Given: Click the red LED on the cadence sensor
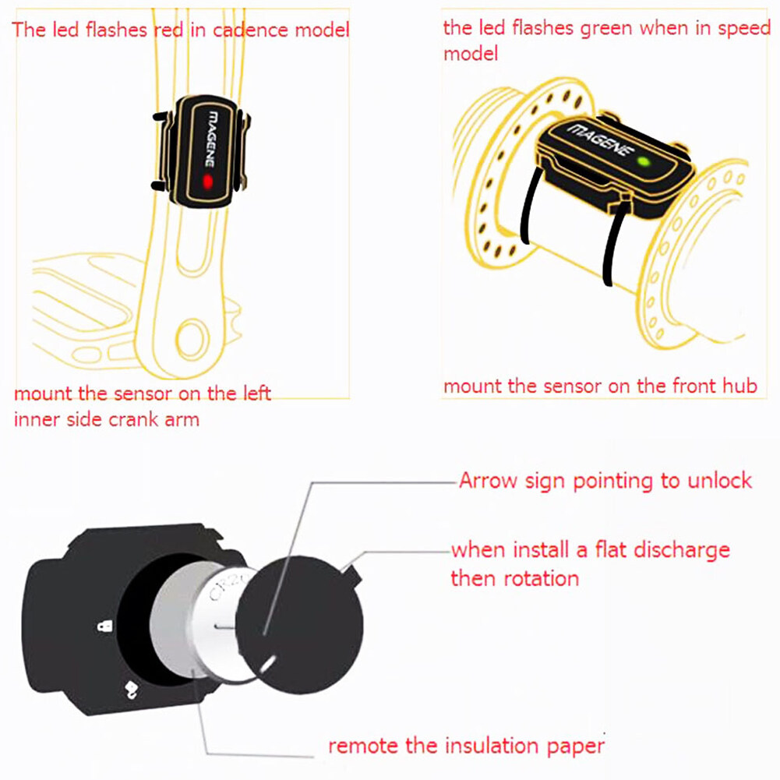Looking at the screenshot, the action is (208, 182).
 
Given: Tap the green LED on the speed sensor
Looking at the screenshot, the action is (644, 161).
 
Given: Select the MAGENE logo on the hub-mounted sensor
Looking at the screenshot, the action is (601, 139).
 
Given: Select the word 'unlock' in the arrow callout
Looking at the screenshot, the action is (719, 481).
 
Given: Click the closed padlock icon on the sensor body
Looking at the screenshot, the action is (104, 625).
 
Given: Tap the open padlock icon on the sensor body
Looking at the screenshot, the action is (130, 689).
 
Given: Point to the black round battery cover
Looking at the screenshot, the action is (298, 625).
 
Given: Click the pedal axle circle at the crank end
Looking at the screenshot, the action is (192, 339).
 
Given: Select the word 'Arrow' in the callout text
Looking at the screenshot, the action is (488, 481).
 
